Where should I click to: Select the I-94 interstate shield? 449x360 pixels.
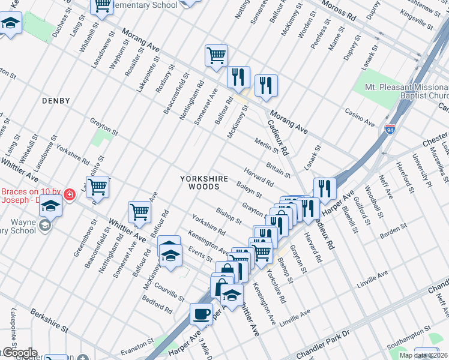[x=390, y=128]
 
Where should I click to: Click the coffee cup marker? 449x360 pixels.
[x=201, y=313]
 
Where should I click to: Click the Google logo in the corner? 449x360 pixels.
[x=19, y=353]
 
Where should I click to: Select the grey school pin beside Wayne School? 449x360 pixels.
[x=44, y=226]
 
